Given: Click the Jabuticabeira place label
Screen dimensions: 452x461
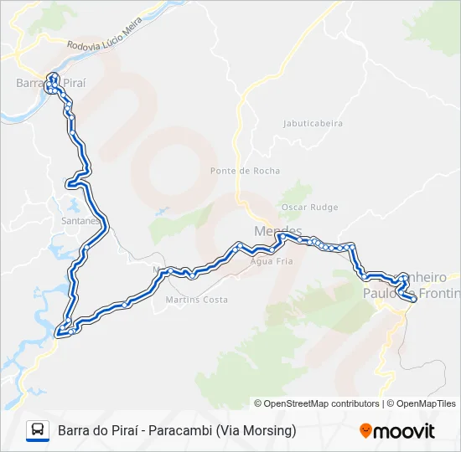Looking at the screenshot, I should click(313, 123).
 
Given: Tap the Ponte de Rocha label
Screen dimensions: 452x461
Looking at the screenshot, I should click(233, 171).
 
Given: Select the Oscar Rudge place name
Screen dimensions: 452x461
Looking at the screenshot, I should click(310, 208).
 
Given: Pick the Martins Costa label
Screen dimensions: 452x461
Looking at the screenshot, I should click(197, 300).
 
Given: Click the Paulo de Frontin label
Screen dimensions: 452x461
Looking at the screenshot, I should click(412, 293).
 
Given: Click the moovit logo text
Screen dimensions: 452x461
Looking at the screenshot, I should click(405, 431).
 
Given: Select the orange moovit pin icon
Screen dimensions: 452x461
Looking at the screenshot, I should click(366, 430).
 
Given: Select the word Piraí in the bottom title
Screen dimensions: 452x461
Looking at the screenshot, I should click(122, 431).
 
